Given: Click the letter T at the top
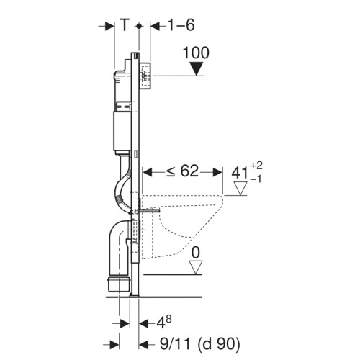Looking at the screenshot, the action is pos(125,25).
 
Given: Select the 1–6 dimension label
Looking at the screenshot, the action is pos(181,25).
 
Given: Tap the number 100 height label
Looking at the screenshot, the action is pos(196,53).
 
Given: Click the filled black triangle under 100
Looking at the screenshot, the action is pos(197,68).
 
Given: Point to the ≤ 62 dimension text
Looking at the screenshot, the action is pos(183,171).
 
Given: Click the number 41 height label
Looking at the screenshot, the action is pos(240,173).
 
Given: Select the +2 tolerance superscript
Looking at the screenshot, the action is pos(256,166).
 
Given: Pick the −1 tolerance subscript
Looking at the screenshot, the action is pos(256,179).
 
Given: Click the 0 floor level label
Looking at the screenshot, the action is pos(196,253).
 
